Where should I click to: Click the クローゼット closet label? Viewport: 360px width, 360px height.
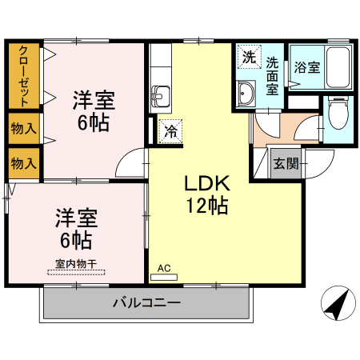[24, 75]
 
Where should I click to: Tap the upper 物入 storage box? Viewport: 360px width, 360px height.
[24, 128]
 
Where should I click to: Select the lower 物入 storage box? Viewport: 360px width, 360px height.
[24, 162]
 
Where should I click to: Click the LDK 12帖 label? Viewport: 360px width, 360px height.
[208, 194]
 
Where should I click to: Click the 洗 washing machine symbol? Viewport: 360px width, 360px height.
[249, 58]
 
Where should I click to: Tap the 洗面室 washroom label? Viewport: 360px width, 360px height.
[273, 75]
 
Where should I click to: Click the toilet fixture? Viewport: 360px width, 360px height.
[337, 114]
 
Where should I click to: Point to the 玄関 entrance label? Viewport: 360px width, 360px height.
[286, 164]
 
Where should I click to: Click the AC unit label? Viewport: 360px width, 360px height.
[165, 269]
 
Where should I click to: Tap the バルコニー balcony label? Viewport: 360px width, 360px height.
[146, 303]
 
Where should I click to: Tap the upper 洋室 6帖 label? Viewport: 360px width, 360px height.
[94, 112]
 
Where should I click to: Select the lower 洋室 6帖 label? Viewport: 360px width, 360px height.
[76, 227]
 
